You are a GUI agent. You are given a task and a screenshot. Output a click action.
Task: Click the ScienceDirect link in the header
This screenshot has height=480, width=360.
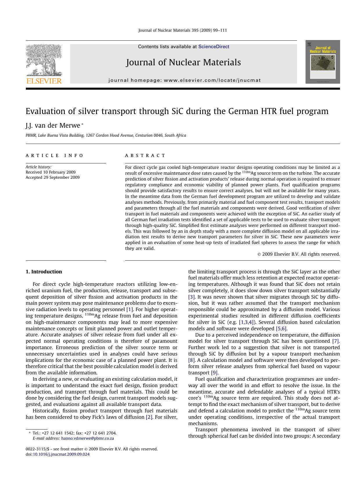pyautogui.click(x=214, y=47)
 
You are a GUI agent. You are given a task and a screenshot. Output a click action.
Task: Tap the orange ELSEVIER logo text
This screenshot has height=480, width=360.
pyautogui.click(x=44, y=81)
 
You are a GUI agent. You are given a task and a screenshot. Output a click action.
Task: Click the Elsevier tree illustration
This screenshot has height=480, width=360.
pyautogui.click(x=44, y=60)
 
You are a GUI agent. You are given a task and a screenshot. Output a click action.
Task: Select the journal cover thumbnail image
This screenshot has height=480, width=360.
pyautogui.click(x=323, y=62)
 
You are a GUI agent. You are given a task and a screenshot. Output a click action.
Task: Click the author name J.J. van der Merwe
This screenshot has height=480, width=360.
pyautogui.click(x=53, y=125)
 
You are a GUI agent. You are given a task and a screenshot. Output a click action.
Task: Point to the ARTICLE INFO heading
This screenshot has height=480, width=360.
pyautogui.click(x=55, y=156)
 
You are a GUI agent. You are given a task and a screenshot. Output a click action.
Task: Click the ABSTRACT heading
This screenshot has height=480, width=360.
pyautogui.click(x=145, y=156)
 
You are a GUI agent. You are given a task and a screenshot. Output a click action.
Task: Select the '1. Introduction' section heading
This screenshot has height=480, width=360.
pyautogui.click(x=44, y=272)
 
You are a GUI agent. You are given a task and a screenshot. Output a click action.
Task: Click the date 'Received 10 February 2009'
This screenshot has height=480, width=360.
pyautogui.click(x=50, y=172)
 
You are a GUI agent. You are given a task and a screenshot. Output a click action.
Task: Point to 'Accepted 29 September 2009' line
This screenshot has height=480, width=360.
pyautogui.click(x=53, y=177)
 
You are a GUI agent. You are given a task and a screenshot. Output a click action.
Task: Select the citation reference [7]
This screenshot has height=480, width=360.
pyautogui.click(x=336, y=341)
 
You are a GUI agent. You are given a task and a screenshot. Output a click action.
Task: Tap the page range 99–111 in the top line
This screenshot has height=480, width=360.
pyautogui.click(x=220, y=30)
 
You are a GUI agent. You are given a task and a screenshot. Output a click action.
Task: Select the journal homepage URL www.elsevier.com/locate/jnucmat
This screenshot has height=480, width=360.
pyautogui.click(x=212, y=80)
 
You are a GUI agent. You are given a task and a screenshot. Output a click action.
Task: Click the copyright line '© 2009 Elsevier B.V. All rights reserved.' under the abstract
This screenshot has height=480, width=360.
pyautogui.click(x=299, y=254)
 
